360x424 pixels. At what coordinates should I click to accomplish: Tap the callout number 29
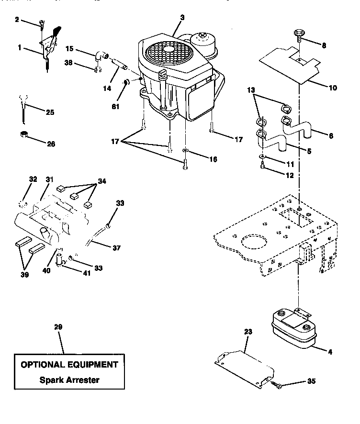coord(58,327)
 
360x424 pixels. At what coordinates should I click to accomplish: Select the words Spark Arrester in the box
coord(69,380)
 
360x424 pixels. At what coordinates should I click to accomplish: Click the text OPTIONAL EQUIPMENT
coord(69,364)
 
